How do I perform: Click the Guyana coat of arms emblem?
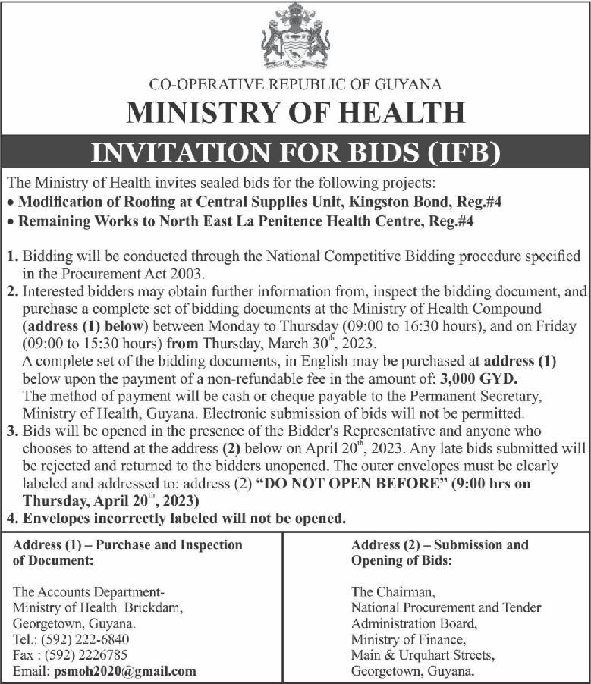click(295, 36)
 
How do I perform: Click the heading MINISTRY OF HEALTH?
click(295, 112)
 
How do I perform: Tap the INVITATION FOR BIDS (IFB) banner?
click(295, 152)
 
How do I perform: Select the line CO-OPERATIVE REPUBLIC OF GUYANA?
click(295, 85)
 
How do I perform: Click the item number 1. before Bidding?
click(11, 258)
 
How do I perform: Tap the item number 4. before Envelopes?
click(11, 519)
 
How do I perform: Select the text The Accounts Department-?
click(90, 591)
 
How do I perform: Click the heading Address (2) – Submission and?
click(441, 544)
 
